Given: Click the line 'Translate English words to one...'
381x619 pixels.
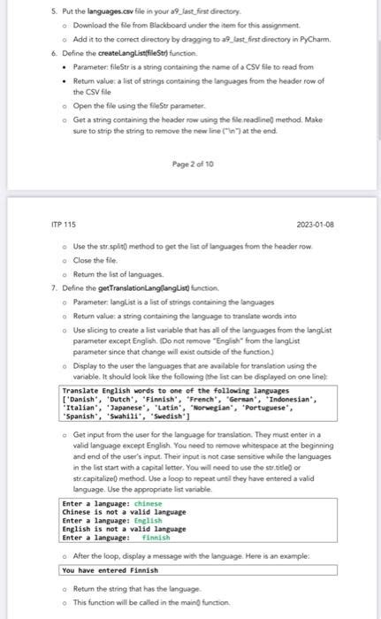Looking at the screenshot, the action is click(x=168, y=390).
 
